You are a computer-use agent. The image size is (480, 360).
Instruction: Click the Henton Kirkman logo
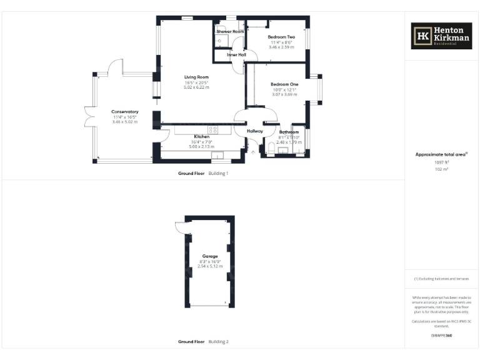(x=441, y=36)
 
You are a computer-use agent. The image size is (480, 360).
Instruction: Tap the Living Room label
(x=196, y=77)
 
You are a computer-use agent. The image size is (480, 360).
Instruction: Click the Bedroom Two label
(x=281, y=37)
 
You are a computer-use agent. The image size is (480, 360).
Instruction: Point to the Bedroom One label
(x=284, y=84)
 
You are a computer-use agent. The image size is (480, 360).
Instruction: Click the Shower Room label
(x=230, y=31)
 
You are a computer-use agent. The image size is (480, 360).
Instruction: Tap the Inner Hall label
(x=236, y=55)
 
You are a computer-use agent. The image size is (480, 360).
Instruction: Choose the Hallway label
(x=255, y=131)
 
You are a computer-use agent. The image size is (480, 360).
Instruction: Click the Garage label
(x=209, y=256)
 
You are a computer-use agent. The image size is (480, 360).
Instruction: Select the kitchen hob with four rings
(x=213, y=129)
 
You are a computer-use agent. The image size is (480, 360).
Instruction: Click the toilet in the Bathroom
(x=270, y=147)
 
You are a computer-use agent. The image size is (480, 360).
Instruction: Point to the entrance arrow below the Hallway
(x=252, y=151)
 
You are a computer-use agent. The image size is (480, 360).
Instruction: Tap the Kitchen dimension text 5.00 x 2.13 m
(x=201, y=146)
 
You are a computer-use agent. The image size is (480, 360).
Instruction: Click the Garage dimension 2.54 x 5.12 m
(x=209, y=266)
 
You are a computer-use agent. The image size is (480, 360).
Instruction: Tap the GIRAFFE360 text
(x=441, y=336)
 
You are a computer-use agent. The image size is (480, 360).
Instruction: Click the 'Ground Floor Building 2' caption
(x=204, y=342)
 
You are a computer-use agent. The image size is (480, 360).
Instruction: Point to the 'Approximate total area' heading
(x=441, y=154)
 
